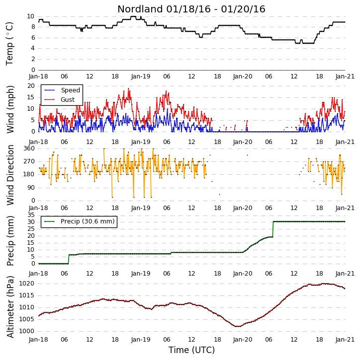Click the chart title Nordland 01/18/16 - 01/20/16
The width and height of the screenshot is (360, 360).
[x=191, y=9]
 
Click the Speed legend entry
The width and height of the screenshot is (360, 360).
[x=62, y=90]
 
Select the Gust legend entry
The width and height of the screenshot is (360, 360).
[x=60, y=100]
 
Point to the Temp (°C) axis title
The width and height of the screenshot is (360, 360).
[x=9, y=44]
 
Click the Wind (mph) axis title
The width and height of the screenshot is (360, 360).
[x=10, y=109]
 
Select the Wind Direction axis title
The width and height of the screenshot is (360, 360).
[x=10, y=175]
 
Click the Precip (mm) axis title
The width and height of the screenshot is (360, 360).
[x=10, y=241]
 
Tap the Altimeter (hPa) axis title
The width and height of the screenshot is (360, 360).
[x=10, y=307]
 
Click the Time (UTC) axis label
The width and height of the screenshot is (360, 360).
[x=191, y=350]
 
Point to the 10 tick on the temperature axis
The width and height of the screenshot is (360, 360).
[x=30, y=16]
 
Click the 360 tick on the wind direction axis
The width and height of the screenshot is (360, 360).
[x=29, y=148]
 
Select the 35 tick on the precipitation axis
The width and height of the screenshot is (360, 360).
[x=31, y=215]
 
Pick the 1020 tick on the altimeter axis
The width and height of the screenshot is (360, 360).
[x=27, y=284]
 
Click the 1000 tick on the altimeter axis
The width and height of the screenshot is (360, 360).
[x=27, y=331]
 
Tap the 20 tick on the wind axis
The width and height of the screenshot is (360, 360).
[x=31, y=86]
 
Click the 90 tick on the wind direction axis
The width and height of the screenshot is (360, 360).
[x=31, y=188]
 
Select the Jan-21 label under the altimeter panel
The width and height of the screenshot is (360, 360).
[x=345, y=339]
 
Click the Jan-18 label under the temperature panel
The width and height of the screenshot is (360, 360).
[x=38, y=76]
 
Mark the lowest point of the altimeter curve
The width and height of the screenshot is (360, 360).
[x=238, y=326]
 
